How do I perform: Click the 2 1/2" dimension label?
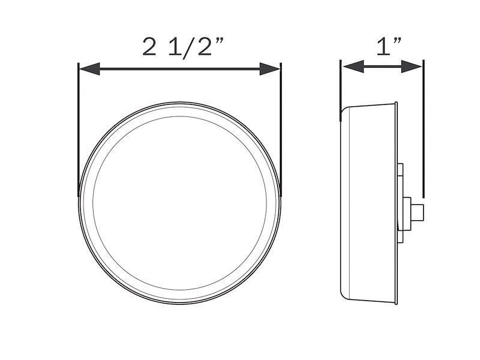[180, 46]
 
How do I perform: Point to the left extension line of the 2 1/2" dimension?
[79, 132]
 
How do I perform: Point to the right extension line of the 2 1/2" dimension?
[280, 132]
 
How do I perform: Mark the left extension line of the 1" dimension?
[341, 84]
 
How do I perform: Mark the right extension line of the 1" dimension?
[423, 132]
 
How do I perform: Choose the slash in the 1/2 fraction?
[188, 47]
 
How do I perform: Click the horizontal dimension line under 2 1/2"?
[180, 70]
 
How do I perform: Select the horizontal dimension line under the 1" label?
[382, 66]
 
